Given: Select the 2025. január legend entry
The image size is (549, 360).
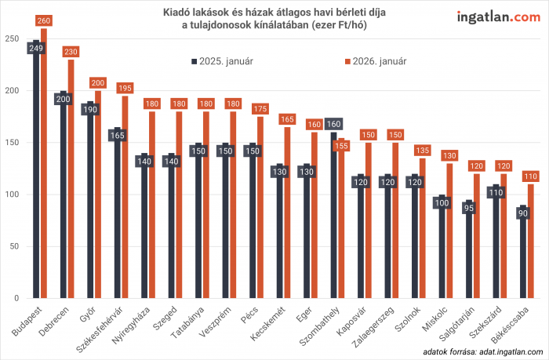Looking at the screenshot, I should pos(223,60).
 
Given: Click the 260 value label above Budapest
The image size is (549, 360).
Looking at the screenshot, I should pos(43,21).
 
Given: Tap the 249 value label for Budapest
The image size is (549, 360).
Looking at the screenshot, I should pos(35,48).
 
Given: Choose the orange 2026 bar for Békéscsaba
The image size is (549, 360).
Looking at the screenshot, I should pos(530,243).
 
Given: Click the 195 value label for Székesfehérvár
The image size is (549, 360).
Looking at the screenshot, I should pos(125,89).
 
